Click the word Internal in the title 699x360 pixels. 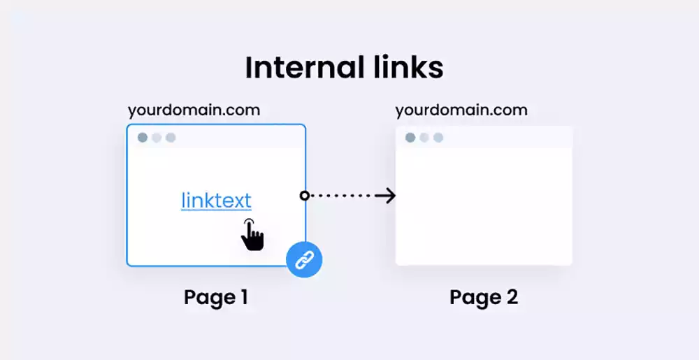click(x=302, y=68)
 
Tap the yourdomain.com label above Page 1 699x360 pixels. click(x=194, y=110)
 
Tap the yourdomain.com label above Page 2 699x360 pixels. click(x=461, y=110)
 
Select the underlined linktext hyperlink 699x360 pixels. click(x=216, y=201)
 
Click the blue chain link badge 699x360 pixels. click(x=304, y=260)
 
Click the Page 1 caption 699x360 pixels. click(x=216, y=297)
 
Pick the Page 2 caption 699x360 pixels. click(x=484, y=297)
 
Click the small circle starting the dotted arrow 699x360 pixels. click(x=305, y=196)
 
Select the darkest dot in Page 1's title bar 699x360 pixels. click(x=143, y=138)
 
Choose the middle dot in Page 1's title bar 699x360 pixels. click(x=157, y=138)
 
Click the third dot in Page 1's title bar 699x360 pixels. click(x=171, y=138)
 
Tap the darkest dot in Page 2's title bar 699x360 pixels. click(x=410, y=138)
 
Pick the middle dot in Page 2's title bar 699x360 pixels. click(x=424, y=138)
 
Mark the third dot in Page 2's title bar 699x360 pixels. click(x=438, y=138)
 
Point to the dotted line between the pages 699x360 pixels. click(x=343, y=196)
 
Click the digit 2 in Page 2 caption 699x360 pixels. click(x=511, y=297)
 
